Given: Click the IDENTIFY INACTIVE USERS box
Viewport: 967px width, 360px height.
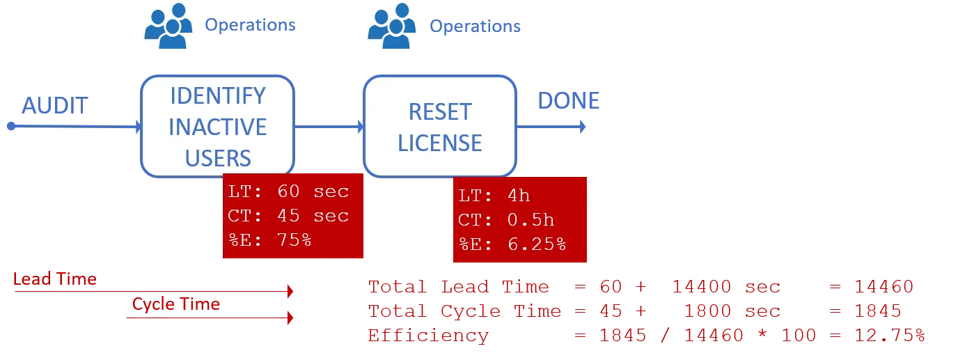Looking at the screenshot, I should coord(217,126).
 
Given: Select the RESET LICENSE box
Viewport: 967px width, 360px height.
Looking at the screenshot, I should coord(439,127).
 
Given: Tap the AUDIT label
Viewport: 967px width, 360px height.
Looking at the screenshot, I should coord(54,107).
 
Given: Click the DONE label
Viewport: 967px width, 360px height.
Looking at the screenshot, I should coord(568,101).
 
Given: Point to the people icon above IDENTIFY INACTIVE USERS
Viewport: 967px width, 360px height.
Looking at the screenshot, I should coord(167,26).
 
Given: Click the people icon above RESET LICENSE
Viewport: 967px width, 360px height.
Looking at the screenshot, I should coord(392,26).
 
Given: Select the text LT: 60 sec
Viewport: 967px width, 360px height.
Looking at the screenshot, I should coord(288,191).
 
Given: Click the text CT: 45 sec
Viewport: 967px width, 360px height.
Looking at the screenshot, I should coord(288,216).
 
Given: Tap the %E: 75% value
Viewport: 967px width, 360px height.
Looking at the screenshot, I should coord(269,240).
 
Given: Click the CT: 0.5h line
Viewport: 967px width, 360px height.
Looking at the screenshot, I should coord(506,221).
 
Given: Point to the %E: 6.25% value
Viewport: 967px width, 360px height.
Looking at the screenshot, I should coord(512,244).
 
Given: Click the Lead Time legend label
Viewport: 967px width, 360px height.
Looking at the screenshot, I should coord(55,280).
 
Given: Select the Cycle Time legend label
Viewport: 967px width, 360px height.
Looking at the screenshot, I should coord(176,304).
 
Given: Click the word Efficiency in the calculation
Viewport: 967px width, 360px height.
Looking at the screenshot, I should coord(427,336).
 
